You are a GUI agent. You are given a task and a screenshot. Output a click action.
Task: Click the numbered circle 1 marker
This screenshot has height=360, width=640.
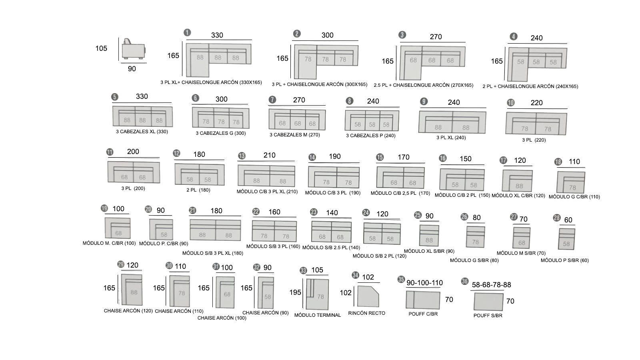coord(187,32)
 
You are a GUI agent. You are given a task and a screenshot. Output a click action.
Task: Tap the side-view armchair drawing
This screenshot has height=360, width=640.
coord(134,49)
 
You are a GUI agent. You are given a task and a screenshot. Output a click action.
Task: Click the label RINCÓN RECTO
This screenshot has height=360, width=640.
coord(366,313)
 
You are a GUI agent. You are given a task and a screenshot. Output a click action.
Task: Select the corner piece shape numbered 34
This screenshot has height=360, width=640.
coord(368,296)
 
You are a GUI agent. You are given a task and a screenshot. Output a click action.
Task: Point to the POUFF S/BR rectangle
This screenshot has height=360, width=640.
coord(488,302)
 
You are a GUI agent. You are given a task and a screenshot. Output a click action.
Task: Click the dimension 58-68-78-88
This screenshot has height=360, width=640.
coord(492,285)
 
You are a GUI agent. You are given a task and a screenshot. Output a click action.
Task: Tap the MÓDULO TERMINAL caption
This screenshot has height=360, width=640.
coord(318,315)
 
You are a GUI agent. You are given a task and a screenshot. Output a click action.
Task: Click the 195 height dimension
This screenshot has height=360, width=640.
coord(295,292)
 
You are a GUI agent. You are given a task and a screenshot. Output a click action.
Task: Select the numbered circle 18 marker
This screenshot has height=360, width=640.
coord(558,162)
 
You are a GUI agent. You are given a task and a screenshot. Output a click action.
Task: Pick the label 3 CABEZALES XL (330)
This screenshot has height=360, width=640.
coord(142,132)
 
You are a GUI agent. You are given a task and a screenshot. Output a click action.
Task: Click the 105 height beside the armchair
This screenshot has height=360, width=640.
coord(101,48)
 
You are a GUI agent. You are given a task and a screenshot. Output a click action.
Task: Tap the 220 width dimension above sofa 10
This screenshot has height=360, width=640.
coord(536,103)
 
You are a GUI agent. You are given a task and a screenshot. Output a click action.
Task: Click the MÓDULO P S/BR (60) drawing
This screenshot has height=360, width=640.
coord(566,239)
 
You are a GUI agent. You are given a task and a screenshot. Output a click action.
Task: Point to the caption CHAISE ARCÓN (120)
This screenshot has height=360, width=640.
coord(128,311)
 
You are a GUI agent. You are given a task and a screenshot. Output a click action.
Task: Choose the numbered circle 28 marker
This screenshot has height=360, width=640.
coord(556,218)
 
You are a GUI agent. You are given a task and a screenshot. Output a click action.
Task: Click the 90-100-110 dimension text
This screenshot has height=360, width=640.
coord(424,283)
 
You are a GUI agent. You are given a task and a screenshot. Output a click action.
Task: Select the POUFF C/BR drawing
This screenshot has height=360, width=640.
coord(423,300)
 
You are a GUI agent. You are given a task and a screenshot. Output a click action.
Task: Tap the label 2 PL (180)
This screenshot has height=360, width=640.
coord(198,190)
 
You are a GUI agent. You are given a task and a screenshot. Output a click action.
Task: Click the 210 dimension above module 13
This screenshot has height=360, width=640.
coord(270,155)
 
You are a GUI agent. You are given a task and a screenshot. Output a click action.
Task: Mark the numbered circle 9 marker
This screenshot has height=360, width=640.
coord(424,102)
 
